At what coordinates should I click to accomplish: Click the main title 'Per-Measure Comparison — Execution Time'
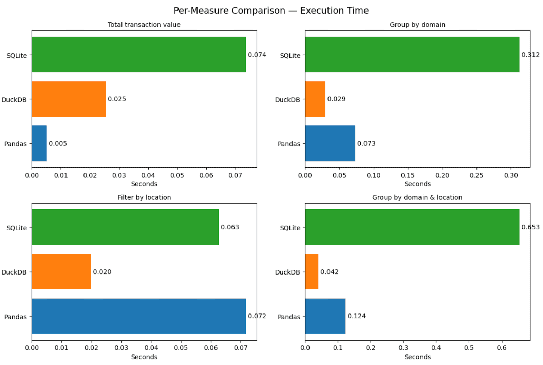point(271,11)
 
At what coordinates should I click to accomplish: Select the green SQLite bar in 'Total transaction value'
point(138,54)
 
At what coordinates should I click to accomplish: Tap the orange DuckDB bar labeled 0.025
point(69,99)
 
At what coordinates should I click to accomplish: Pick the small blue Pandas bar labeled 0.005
point(39,143)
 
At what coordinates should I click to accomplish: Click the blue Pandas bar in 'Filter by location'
point(138,316)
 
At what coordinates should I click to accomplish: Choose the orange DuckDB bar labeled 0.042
point(312,271)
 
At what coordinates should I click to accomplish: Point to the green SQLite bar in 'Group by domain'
point(412,54)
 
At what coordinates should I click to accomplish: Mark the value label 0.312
point(530,55)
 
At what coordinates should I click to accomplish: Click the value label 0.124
point(356,316)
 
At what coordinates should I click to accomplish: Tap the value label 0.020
point(102,272)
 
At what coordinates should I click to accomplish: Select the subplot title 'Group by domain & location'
point(417,197)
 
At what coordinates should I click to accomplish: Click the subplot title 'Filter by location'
point(144,197)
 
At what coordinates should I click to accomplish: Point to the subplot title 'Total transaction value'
point(144,25)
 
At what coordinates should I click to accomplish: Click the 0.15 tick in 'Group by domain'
point(408,175)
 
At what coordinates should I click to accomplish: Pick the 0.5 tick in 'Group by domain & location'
point(469,348)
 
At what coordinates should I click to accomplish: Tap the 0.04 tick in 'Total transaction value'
point(148,175)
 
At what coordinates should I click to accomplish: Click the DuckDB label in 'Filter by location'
point(14,272)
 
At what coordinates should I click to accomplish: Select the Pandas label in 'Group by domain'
point(289,144)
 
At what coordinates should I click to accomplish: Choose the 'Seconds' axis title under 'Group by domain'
point(417,184)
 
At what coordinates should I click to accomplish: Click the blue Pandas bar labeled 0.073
point(330,143)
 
